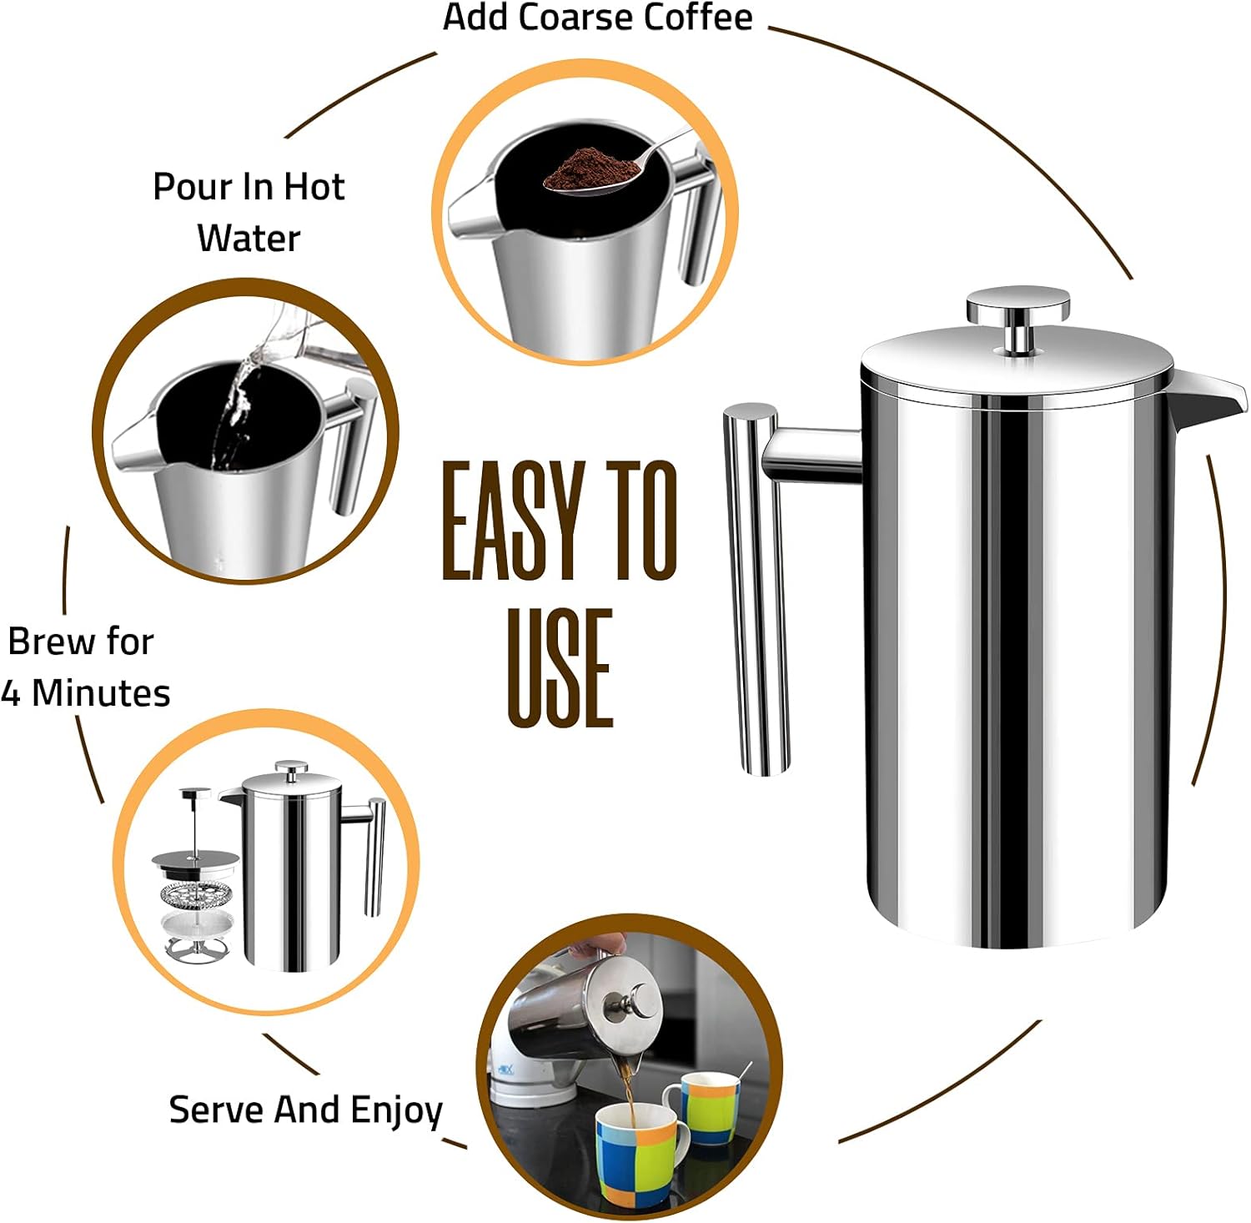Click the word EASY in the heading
point(511,521)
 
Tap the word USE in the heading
point(560,668)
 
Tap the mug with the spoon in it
point(709,1106)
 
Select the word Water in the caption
point(249,239)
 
